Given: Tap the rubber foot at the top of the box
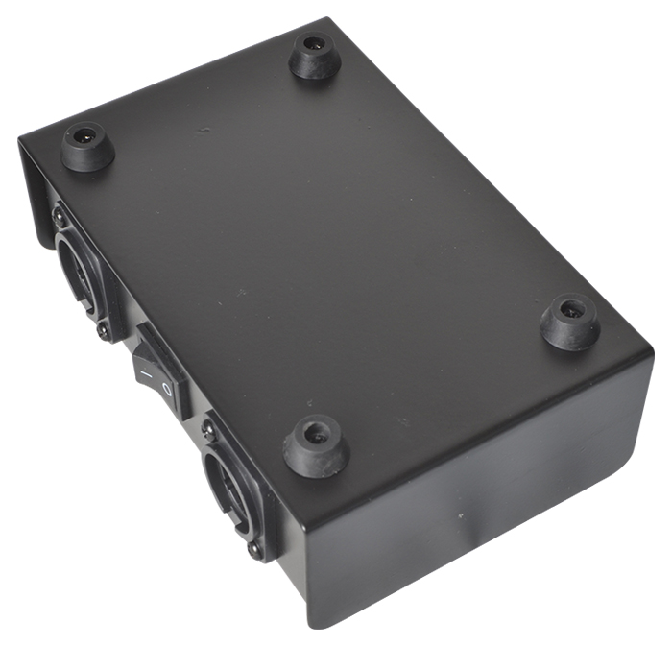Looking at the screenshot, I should [x=316, y=57].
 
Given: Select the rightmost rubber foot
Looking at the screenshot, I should [x=570, y=323].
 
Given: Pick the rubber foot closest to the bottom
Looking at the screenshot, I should [x=316, y=446].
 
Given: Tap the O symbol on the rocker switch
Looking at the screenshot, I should [x=167, y=390].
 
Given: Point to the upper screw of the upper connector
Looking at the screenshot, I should [x=60, y=217].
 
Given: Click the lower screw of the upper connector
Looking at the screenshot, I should [x=103, y=330].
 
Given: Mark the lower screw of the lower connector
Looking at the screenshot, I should [x=254, y=550].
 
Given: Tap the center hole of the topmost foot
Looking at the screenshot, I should [x=314, y=45].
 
